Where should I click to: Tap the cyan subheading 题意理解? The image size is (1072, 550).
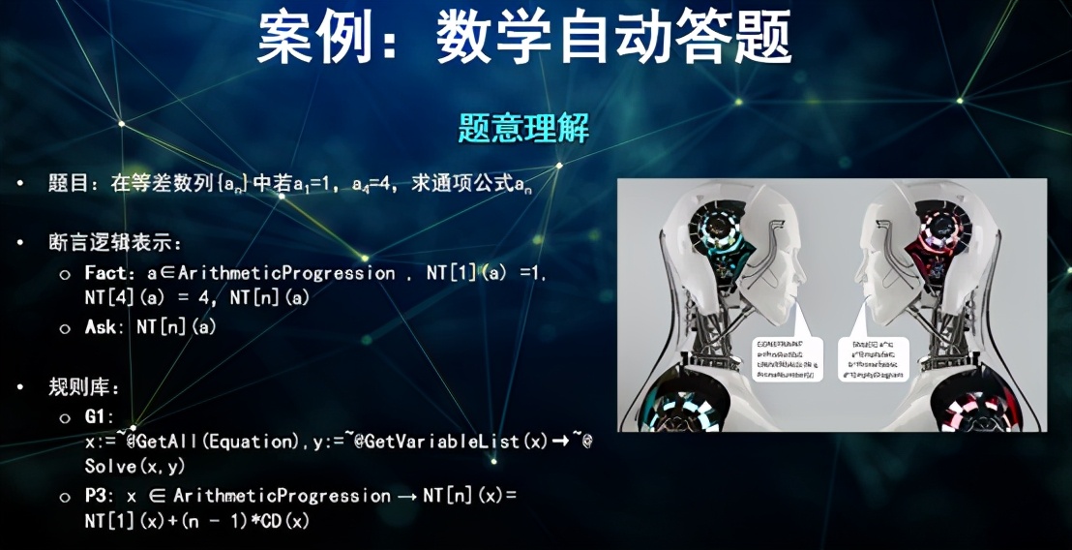[522, 128]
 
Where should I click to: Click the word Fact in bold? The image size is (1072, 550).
[104, 274]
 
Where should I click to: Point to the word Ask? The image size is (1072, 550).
[101, 328]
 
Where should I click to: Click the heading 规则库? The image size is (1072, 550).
[80, 388]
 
